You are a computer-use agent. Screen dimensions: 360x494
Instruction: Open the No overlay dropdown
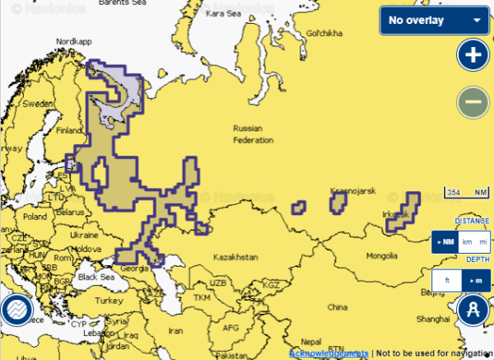click(433, 20)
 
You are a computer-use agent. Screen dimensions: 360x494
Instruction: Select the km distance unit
click(467, 242)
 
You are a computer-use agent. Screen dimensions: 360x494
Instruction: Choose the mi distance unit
click(482, 242)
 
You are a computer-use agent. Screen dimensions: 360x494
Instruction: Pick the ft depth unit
click(447, 281)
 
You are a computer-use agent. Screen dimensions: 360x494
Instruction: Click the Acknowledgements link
click(329, 353)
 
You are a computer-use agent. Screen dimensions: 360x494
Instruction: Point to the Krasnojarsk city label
click(352, 191)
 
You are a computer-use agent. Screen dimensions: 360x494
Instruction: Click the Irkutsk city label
click(395, 214)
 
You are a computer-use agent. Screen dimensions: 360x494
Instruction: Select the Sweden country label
click(37, 105)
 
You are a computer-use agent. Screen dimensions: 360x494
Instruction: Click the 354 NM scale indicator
click(465, 193)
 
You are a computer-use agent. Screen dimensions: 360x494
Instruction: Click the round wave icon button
click(16, 311)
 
